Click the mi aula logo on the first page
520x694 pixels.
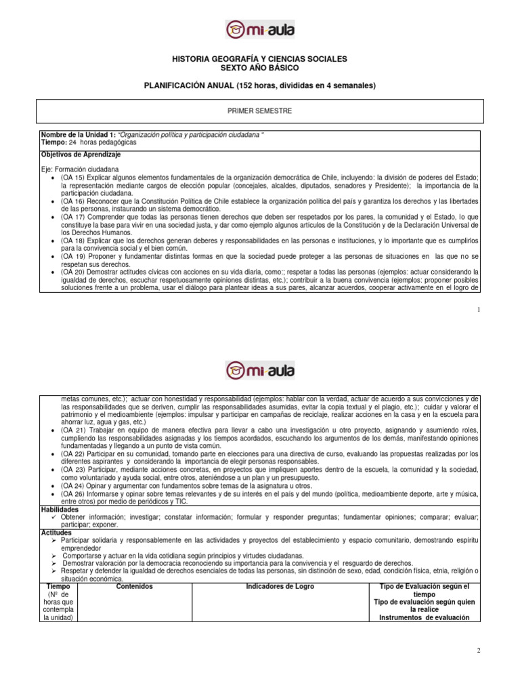(260, 29)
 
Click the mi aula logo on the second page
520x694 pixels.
(260, 371)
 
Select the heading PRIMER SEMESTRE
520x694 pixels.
(260, 110)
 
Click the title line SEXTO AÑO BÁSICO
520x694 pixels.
(260, 68)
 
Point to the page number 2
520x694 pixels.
(478, 651)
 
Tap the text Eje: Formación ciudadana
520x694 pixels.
(80, 168)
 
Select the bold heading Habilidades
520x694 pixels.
(60, 509)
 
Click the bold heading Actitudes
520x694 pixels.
(56, 533)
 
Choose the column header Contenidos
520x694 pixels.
(135, 586)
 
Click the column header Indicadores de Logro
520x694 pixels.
(280, 586)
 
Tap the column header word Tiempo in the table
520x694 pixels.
(59, 586)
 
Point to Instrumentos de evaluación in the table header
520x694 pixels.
(425, 617)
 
